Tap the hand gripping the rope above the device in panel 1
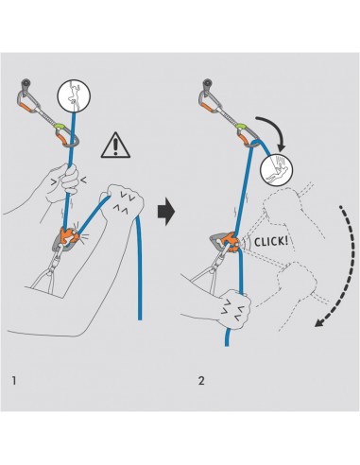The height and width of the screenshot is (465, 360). click(62, 181)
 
